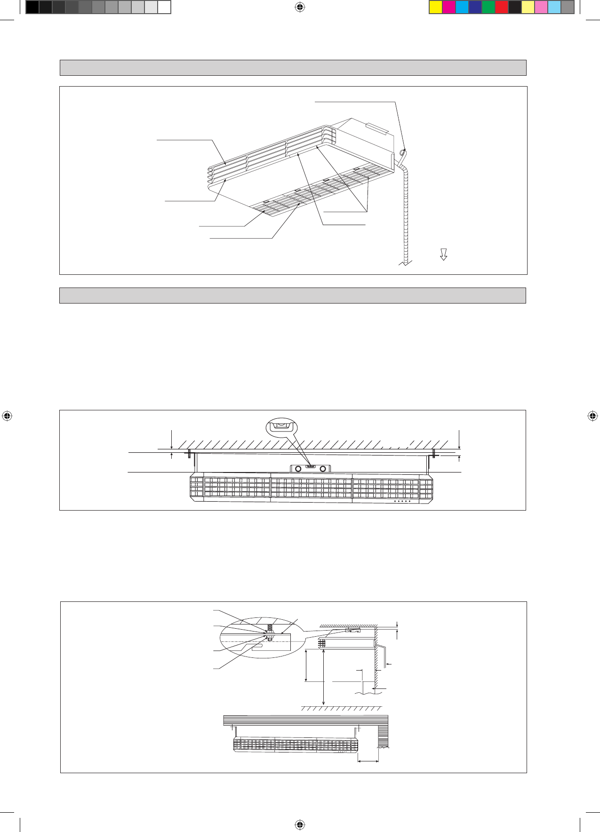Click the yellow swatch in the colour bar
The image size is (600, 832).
tap(436, 7)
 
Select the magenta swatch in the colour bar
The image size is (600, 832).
tap(449, 7)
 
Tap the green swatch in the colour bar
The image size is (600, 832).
tap(488, 7)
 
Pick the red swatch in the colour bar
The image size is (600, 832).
tap(502, 7)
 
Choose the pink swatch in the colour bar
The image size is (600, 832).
tap(541, 7)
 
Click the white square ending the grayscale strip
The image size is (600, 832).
tap(164, 7)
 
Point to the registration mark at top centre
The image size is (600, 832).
tap(300, 7)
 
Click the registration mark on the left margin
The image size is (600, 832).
tap(7, 416)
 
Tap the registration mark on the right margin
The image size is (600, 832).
tap(592, 416)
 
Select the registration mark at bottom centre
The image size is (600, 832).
tap(300, 824)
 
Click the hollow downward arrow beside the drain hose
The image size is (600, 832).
tap(443, 255)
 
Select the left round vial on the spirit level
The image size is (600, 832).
tap(298, 469)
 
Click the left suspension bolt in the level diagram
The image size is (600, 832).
tap(189, 454)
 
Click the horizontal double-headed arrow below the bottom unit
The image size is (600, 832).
tap(368, 760)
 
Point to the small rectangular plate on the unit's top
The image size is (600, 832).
tap(377, 128)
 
